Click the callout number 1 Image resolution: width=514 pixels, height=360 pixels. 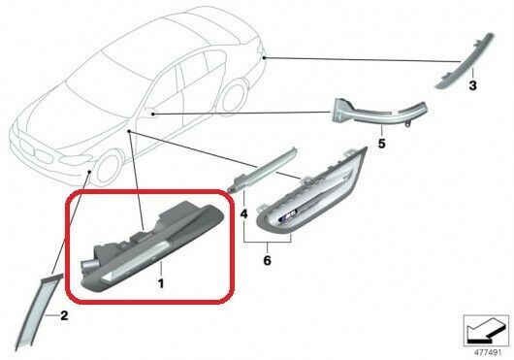(161, 283)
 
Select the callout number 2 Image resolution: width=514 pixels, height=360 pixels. (64, 315)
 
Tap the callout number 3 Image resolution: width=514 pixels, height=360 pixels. (472, 85)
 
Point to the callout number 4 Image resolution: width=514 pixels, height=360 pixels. (243, 214)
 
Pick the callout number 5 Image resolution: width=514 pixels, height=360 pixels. (381, 144)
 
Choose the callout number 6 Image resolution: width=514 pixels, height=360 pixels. (267, 261)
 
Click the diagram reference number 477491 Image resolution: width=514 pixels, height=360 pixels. (488, 353)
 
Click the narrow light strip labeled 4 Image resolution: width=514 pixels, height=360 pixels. (262, 170)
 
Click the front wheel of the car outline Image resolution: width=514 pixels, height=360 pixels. (108, 168)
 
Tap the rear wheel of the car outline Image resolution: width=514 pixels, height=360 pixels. (234, 96)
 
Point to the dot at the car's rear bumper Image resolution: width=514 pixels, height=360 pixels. (264, 58)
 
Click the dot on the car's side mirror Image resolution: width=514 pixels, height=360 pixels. (153, 115)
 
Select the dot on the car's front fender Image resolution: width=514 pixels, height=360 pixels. (130, 131)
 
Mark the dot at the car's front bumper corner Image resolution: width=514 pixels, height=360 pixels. (90, 171)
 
